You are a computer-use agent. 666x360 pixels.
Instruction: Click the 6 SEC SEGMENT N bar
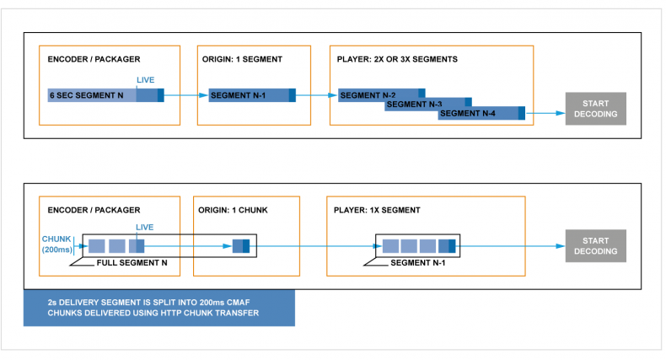(x=105, y=95)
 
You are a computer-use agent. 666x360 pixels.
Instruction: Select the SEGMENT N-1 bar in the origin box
(x=252, y=95)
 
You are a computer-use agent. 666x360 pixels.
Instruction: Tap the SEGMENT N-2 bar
(x=381, y=94)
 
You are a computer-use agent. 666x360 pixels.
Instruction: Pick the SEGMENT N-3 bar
(x=428, y=104)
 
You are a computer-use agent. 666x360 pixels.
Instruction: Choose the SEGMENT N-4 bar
(x=481, y=113)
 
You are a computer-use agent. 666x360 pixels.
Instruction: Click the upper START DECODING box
(x=595, y=109)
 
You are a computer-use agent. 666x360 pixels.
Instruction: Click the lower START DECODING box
(x=595, y=246)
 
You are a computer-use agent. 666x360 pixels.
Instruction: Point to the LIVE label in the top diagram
(x=145, y=80)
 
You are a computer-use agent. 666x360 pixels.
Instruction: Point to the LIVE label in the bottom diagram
(x=144, y=227)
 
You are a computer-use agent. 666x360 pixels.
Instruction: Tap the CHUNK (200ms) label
(x=57, y=244)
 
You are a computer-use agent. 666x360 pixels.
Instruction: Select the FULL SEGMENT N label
(x=132, y=263)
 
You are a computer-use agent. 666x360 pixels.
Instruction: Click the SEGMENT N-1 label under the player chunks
(x=418, y=263)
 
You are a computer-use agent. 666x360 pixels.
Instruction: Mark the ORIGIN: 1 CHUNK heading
(x=233, y=210)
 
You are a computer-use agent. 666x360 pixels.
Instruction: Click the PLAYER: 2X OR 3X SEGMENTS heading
(x=397, y=59)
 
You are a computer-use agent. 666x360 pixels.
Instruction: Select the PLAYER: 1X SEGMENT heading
(x=377, y=210)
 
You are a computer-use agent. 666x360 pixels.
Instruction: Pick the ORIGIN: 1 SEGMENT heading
(x=242, y=59)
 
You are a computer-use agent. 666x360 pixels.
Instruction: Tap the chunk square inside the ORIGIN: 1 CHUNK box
(x=241, y=246)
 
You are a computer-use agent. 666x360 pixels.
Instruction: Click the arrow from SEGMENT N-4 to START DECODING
(x=545, y=113)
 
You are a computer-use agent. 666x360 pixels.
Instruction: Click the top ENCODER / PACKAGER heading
(x=94, y=59)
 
